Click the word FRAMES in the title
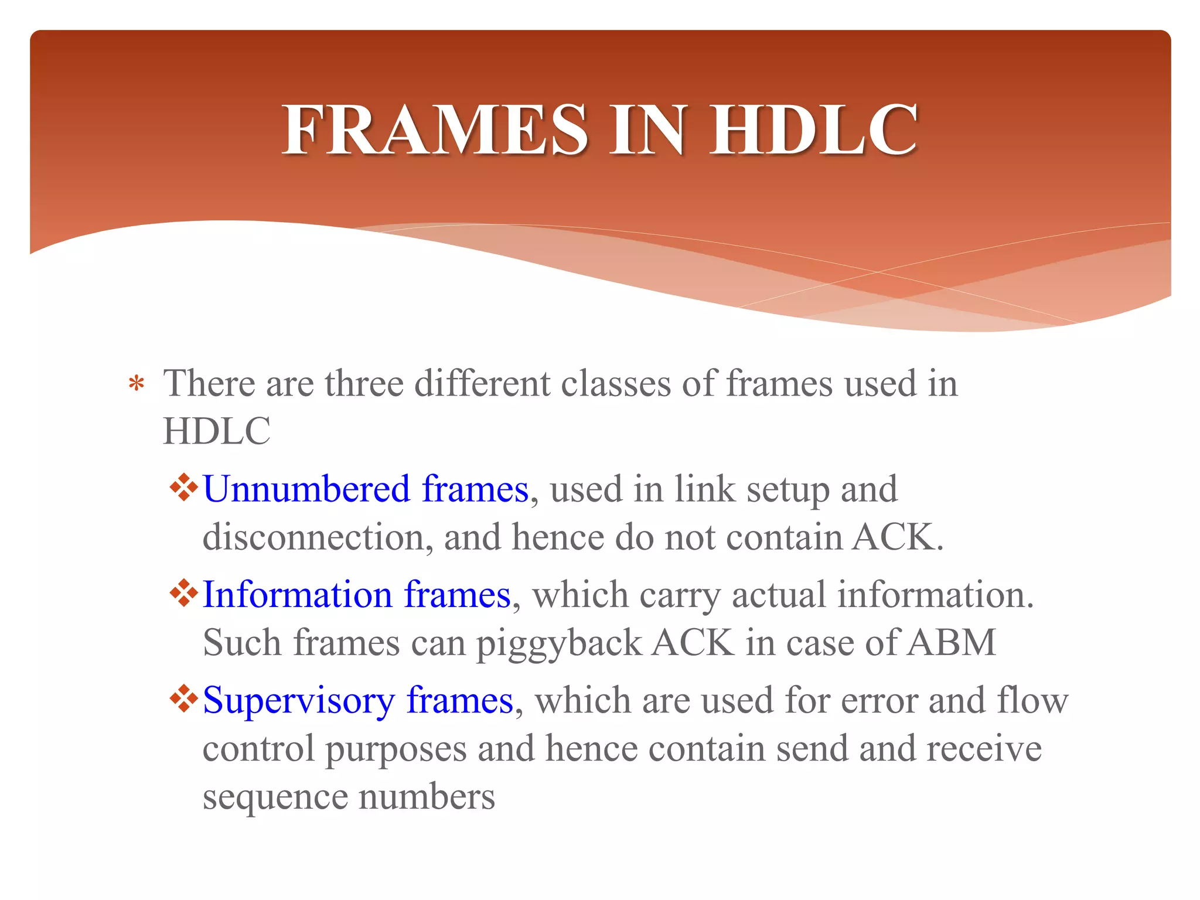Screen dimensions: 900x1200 tap(435, 129)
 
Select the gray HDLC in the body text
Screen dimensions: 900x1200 tap(216, 432)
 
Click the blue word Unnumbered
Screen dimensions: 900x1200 tap(306, 489)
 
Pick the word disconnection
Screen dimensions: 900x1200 tap(313, 537)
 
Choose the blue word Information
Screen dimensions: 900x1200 tap(297, 595)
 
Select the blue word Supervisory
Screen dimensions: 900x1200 tap(299, 702)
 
